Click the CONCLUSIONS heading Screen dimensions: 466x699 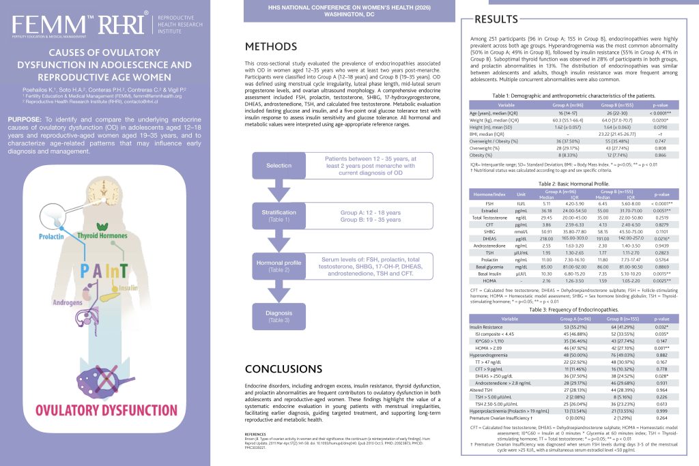283,369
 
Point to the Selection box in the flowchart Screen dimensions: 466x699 279,165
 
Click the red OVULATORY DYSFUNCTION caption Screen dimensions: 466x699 92,411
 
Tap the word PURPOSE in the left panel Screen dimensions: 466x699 26,119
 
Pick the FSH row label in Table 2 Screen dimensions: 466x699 491,203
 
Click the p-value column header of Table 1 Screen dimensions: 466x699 660,106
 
